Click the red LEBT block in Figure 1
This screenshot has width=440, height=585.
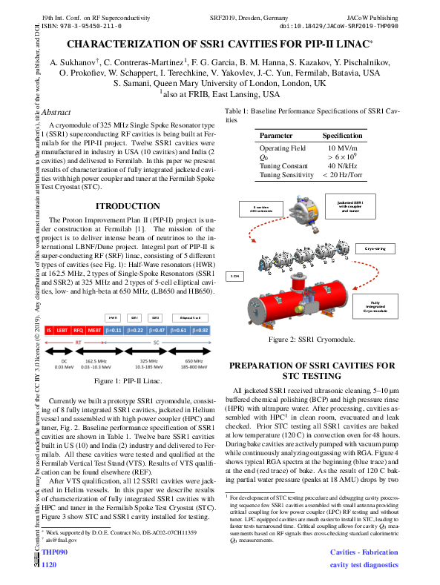[x=62, y=329]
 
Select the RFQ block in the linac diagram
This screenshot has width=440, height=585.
[x=78, y=329]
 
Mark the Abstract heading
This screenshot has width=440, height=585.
[x=57, y=112]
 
